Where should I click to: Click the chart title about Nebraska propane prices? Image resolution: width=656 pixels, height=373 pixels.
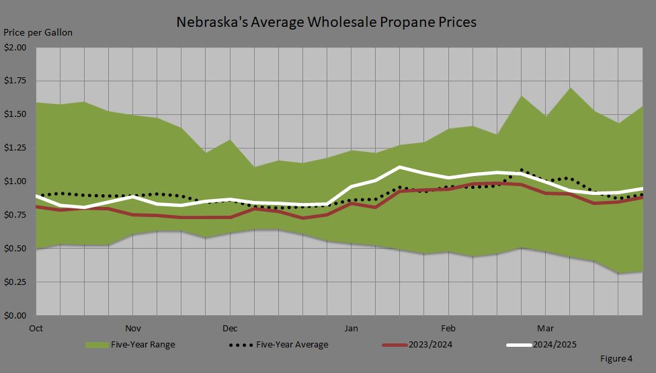(326, 22)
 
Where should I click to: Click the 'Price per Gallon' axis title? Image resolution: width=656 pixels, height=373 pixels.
(38, 32)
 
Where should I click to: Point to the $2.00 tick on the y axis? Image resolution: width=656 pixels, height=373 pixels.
(15, 48)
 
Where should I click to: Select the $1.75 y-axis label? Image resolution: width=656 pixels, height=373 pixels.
(15, 81)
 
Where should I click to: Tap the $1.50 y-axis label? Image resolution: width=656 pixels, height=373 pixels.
(15, 114)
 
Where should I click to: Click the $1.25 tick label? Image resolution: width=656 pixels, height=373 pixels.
(15, 148)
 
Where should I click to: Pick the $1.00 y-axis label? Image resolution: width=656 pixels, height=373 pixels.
(15, 181)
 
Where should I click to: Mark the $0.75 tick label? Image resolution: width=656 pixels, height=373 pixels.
(15, 215)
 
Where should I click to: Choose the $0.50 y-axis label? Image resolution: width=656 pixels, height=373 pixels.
(15, 249)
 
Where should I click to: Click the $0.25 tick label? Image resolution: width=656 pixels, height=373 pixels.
(15, 282)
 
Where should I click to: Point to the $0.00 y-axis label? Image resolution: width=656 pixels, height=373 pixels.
(15, 315)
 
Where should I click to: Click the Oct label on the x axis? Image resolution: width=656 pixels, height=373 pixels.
(36, 329)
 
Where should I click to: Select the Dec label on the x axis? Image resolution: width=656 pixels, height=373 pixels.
(230, 329)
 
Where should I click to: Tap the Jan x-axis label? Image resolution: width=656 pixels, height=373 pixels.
(350, 329)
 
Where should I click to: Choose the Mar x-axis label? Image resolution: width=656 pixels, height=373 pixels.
(544, 329)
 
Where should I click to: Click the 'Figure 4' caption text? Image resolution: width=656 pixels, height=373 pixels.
(616, 359)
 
